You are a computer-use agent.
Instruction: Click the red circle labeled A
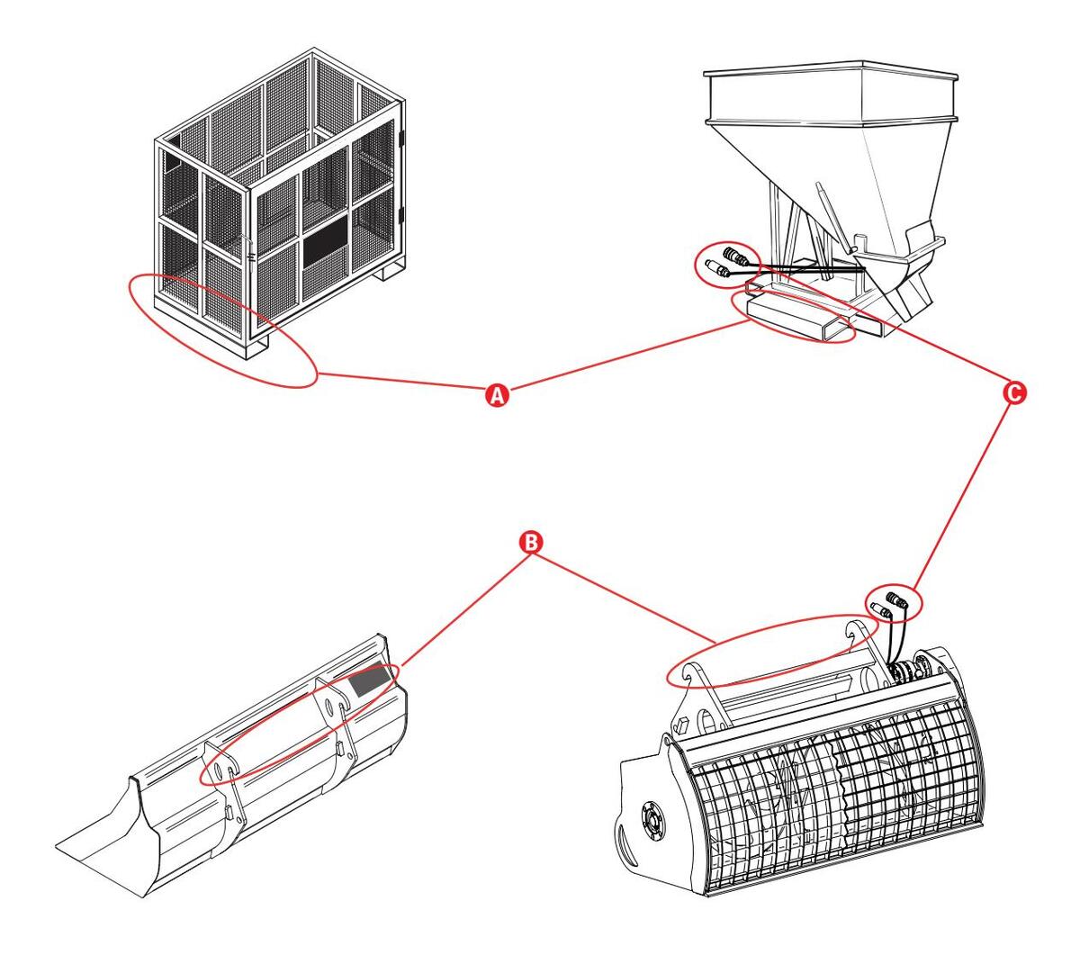click(x=497, y=395)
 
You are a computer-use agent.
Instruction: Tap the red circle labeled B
click(x=531, y=542)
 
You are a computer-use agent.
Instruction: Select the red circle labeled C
click(x=1015, y=393)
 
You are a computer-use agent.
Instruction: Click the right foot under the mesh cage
click(x=393, y=272)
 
